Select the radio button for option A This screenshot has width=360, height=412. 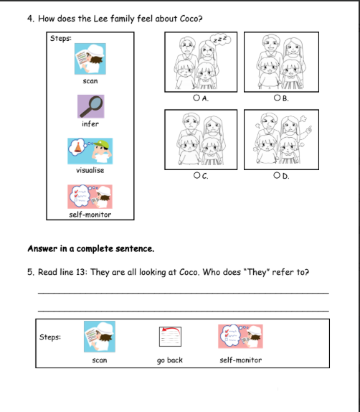coord(196,98)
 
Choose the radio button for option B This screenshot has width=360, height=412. coord(277,98)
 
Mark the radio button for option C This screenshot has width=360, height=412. coord(196,175)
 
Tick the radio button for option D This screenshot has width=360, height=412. coord(277,175)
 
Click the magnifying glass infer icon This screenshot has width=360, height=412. coord(91,106)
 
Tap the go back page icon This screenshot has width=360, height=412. coord(170,337)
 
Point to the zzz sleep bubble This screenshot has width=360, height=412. coord(221,39)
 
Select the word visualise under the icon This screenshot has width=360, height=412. coord(90,170)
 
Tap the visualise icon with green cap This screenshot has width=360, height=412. coord(90,151)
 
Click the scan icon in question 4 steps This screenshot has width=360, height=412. coord(90,59)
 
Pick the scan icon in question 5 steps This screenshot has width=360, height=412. coord(100,337)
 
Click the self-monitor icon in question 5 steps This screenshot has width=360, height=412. coord(240,337)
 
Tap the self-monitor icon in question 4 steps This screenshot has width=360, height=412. coord(90,197)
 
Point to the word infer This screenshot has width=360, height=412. coord(90,123)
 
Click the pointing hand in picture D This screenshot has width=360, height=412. coord(308,130)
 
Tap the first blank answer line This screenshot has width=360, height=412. coord(184,292)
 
